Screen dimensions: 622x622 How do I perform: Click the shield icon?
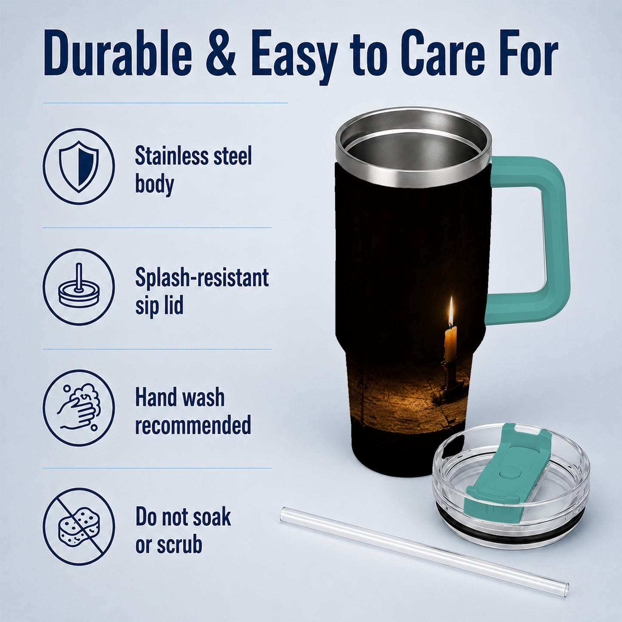[79, 166]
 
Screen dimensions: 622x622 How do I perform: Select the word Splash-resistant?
[202, 277]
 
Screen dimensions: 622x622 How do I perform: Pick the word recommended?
[193, 425]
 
